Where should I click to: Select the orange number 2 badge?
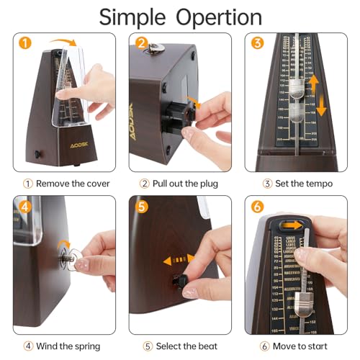tap(141, 43)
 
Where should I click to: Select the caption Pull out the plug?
tap(180, 184)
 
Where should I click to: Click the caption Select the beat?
tap(180, 346)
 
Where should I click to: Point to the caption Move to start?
tap(297, 346)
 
